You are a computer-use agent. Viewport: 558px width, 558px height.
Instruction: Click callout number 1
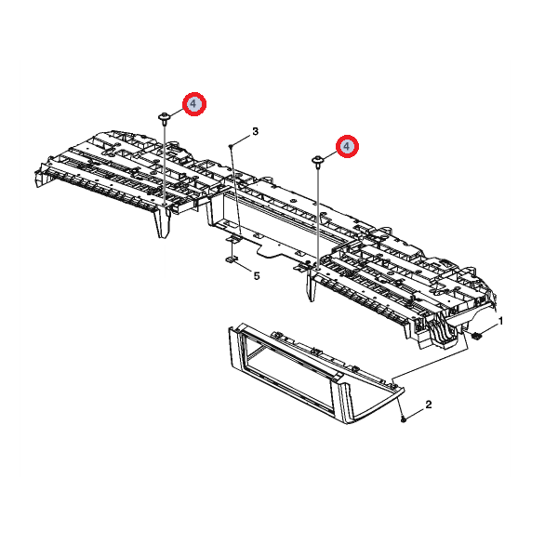(x=501, y=322)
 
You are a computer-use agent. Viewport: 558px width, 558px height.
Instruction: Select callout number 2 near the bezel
(x=429, y=405)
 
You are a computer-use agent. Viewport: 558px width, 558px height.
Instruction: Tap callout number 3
(x=255, y=131)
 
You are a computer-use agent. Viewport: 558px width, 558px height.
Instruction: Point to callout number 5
(x=257, y=275)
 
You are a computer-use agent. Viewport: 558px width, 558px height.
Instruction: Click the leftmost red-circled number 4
(x=194, y=104)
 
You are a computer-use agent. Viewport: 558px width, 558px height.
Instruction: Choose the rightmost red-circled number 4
(x=347, y=146)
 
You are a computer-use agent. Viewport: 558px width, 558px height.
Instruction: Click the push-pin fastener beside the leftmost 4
(x=164, y=118)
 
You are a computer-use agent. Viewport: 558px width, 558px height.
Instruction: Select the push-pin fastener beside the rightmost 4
(x=317, y=161)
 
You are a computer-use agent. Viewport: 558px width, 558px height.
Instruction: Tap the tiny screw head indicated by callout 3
(x=231, y=146)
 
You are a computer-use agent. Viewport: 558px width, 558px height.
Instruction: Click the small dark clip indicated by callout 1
(x=476, y=336)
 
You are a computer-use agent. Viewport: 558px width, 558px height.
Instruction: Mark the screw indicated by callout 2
(x=404, y=420)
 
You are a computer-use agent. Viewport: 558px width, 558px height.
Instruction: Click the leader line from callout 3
(x=242, y=140)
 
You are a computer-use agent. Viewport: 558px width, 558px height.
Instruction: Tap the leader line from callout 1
(x=488, y=330)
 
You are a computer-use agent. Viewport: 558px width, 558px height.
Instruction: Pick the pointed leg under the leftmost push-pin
(x=162, y=222)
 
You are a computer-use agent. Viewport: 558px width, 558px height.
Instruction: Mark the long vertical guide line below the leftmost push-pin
(x=164, y=165)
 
